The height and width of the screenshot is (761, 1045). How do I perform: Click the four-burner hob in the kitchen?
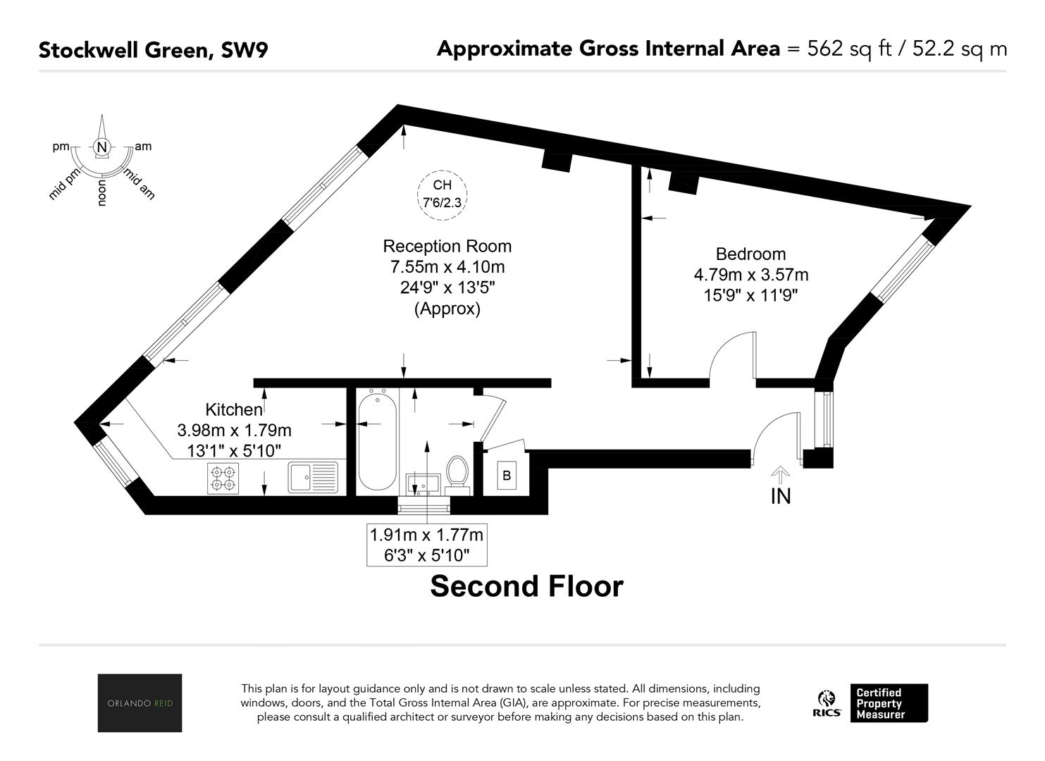[223, 478]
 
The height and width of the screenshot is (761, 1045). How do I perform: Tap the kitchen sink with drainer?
[313, 477]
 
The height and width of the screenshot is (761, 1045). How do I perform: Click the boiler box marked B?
[507, 476]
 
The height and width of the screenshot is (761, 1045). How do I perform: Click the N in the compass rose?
[101, 147]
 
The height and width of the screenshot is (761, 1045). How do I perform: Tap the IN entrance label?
[781, 497]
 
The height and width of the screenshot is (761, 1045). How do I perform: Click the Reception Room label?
[447, 246]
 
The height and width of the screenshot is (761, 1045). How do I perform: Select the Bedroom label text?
[750, 254]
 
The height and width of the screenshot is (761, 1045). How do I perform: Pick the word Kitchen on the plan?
[234, 409]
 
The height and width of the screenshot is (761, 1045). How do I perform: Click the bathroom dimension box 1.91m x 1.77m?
[427, 545]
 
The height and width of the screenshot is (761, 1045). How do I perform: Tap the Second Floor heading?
[526, 586]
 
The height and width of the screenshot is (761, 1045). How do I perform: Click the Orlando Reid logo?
[140, 703]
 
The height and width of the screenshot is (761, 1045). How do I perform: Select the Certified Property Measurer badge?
[889, 703]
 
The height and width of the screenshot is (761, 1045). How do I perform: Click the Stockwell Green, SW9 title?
[154, 50]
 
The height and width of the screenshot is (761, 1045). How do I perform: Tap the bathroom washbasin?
[423, 484]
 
